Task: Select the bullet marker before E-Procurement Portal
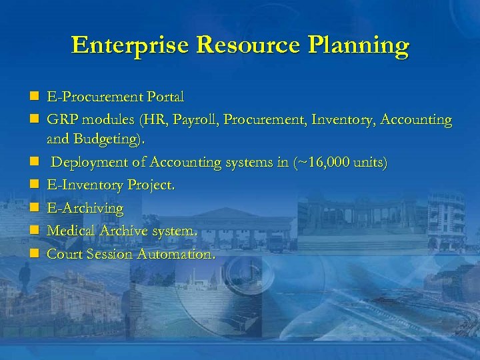pos(33,97)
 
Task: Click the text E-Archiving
pos(85,209)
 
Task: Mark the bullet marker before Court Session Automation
pos(33,254)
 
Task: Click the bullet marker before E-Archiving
pos(33,209)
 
